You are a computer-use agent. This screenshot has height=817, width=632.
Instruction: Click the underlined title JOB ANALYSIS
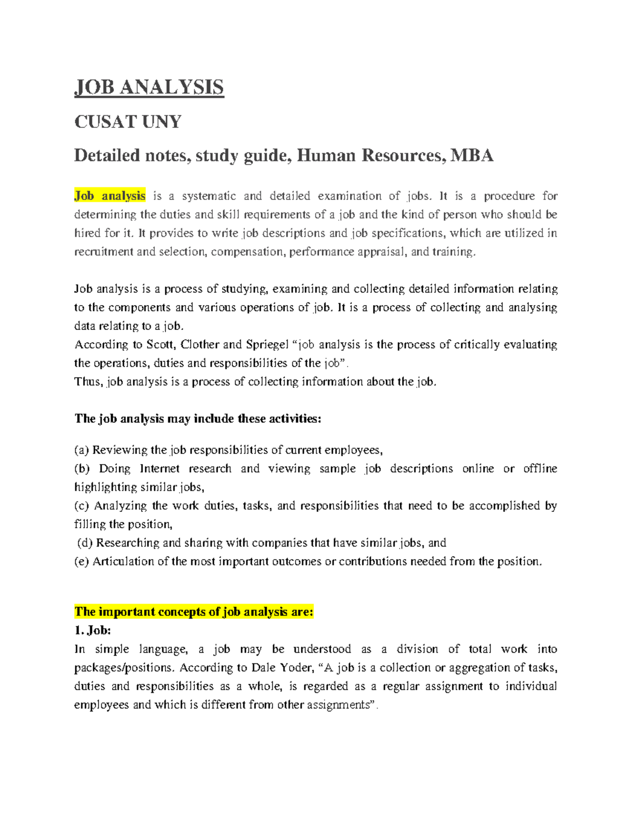tap(149, 87)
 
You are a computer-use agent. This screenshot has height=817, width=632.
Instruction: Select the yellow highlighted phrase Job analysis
tap(110, 196)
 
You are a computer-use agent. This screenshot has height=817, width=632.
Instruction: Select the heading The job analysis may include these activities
tap(197, 419)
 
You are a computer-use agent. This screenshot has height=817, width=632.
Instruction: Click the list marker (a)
tap(82, 450)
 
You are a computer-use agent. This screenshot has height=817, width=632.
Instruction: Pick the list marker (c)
tap(82, 506)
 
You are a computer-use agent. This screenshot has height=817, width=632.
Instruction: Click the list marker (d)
tap(85, 543)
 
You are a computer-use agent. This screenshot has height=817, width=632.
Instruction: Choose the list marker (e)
tap(82, 562)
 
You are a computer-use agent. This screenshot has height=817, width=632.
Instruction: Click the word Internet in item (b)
tap(160, 469)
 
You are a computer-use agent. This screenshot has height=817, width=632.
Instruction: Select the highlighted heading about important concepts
tap(194, 612)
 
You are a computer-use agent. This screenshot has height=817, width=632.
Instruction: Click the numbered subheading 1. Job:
tap(93, 630)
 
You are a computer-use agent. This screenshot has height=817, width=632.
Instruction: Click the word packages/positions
tap(124, 668)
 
